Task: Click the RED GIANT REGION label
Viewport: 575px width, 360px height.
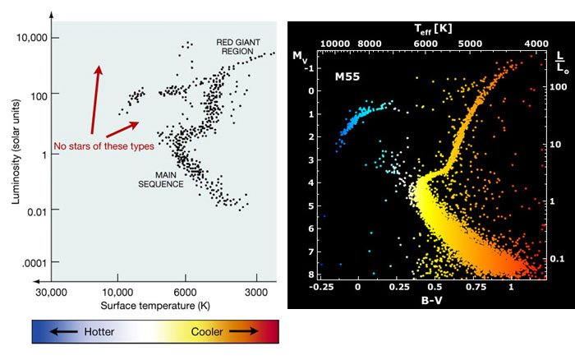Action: [239, 46]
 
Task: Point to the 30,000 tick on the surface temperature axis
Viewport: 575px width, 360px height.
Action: [50, 292]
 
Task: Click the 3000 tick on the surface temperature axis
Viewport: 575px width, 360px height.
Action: [255, 292]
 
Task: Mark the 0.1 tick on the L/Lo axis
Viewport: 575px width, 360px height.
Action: [556, 258]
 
